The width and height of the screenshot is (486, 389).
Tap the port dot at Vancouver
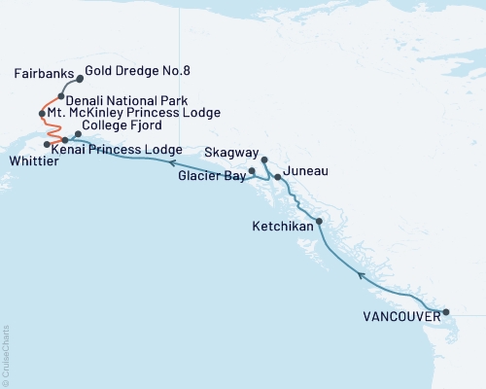(446, 312)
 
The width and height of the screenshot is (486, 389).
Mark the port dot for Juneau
(278, 177)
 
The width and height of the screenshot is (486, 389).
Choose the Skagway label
(231, 153)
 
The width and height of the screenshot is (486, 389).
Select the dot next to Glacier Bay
(252, 171)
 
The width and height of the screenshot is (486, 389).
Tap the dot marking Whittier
(47, 143)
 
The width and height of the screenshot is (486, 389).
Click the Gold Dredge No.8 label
(131, 70)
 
